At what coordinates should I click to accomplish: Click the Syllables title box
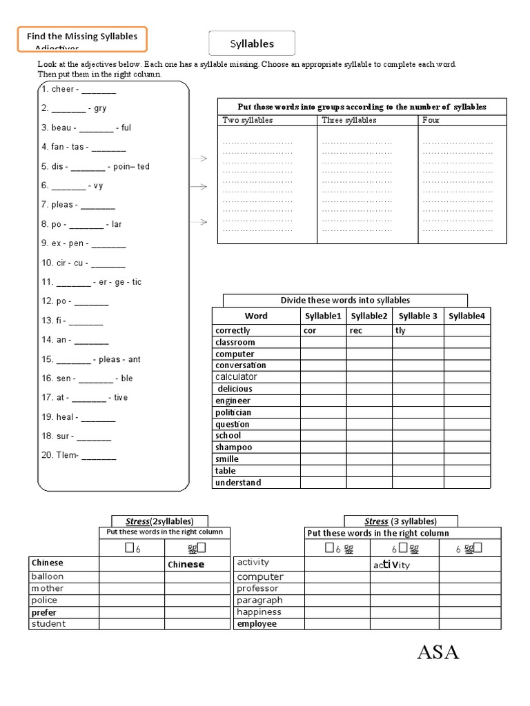point(252,43)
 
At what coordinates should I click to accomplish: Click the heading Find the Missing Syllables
point(82,37)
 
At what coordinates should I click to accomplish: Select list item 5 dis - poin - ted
point(95,166)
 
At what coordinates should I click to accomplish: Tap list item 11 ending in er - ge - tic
point(91,282)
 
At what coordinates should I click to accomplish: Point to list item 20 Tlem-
point(79,455)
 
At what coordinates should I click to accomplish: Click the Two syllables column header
point(248,120)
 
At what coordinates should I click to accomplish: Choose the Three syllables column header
point(349,120)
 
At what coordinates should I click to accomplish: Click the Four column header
point(431,120)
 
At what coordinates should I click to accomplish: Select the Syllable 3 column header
point(418,316)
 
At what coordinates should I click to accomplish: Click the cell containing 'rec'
point(357,330)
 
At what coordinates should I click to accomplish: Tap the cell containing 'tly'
point(401,330)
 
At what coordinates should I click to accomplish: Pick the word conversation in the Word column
point(240,365)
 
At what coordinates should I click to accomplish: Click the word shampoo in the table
point(234,447)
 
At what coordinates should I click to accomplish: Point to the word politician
point(233,412)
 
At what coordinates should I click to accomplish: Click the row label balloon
point(48,576)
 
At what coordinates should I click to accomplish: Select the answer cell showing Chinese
point(186,564)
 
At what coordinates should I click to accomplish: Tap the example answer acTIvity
point(392,565)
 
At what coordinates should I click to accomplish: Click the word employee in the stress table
point(257,624)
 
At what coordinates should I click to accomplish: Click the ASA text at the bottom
point(438,652)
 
